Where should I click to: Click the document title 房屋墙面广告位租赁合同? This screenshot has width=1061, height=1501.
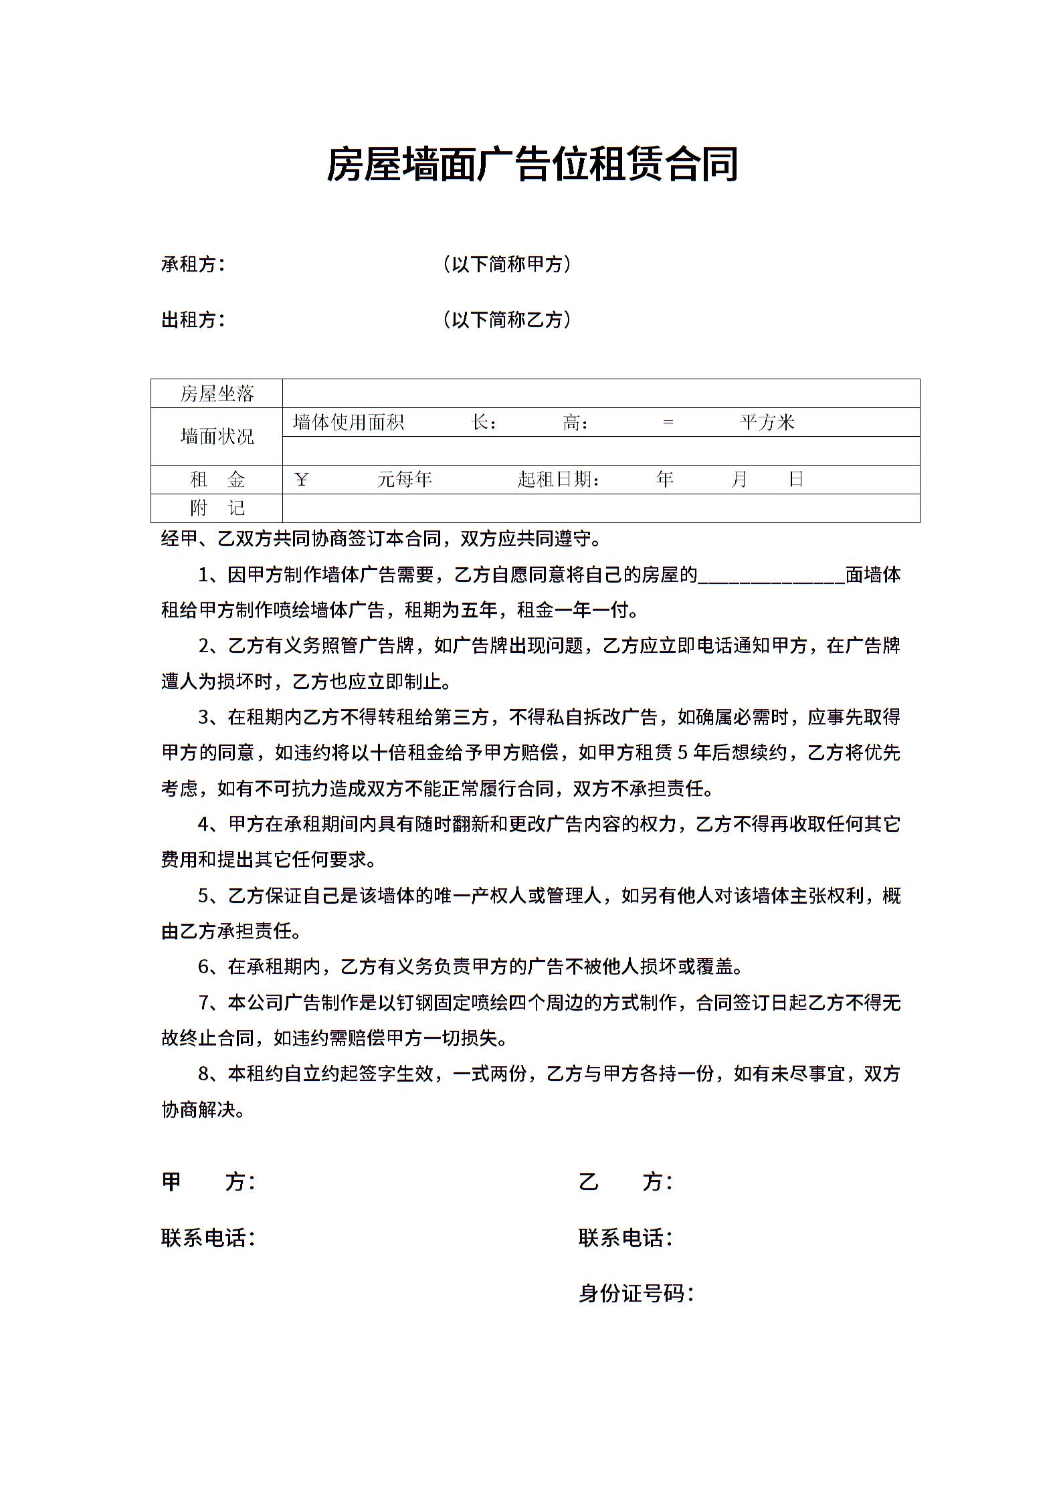[532, 165]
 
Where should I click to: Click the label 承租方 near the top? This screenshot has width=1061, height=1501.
[192, 264]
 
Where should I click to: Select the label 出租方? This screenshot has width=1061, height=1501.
[192, 320]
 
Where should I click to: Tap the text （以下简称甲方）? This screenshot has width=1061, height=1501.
[507, 264]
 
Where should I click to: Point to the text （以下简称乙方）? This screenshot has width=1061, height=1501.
[507, 320]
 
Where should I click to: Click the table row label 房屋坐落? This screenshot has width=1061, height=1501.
[217, 393]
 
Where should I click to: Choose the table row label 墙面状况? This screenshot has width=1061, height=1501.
[217, 437]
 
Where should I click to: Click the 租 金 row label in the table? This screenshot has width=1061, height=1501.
[217, 480]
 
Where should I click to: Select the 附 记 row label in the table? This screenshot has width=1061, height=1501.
[217, 508]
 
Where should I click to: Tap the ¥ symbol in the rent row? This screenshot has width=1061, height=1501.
[301, 480]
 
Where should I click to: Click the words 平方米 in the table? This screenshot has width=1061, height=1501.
[767, 422]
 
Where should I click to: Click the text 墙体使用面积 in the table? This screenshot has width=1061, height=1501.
[348, 422]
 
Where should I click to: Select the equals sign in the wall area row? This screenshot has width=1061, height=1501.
[667, 423]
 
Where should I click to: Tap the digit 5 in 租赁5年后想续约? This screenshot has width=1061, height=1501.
[682, 753]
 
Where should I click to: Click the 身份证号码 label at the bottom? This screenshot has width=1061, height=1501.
[636, 1293]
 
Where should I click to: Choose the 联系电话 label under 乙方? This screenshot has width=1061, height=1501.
[625, 1237]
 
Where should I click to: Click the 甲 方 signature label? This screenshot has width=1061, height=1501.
[207, 1182]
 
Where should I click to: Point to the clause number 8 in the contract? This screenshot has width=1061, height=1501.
[204, 1074]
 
